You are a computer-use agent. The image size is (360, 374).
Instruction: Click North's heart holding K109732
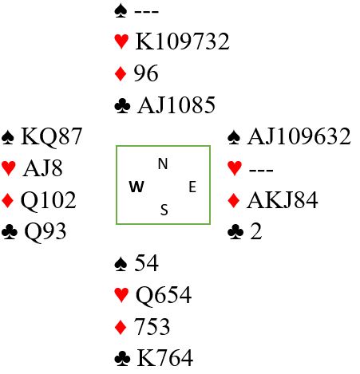[x=182, y=41]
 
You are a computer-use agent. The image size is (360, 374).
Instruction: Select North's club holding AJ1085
[x=176, y=105]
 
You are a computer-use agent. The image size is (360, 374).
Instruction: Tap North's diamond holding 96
[x=146, y=73]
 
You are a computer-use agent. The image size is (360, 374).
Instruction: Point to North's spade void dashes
[x=147, y=11]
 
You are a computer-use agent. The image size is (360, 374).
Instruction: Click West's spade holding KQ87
[x=52, y=136]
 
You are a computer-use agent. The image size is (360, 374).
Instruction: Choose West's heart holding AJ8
[x=43, y=168]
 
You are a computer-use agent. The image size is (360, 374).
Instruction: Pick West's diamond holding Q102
[x=49, y=201]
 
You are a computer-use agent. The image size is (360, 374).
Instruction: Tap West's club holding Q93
[x=45, y=232]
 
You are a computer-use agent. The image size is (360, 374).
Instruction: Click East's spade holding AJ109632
[x=299, y=136]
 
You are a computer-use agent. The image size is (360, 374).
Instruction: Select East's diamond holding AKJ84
[x=283, y=200]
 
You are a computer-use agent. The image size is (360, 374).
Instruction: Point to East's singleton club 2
[x=256, y=231]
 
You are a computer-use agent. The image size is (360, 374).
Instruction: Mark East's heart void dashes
[x=261, y=170]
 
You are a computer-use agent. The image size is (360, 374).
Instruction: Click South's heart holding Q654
[x=164, y=295]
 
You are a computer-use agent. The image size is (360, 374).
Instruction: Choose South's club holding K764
[x=165, y=358]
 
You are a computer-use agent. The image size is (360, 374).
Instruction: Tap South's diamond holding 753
[x=152, y=326]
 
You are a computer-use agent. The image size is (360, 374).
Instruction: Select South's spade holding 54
[x=146, y=263]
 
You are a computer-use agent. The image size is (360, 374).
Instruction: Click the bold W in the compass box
[x=136, y=187]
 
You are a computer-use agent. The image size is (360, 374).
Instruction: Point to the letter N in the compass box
[x=163, y=163]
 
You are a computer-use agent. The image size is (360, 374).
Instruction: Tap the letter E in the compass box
[x=192, y=187]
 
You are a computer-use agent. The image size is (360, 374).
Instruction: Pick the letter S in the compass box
[x=164, y=210]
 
